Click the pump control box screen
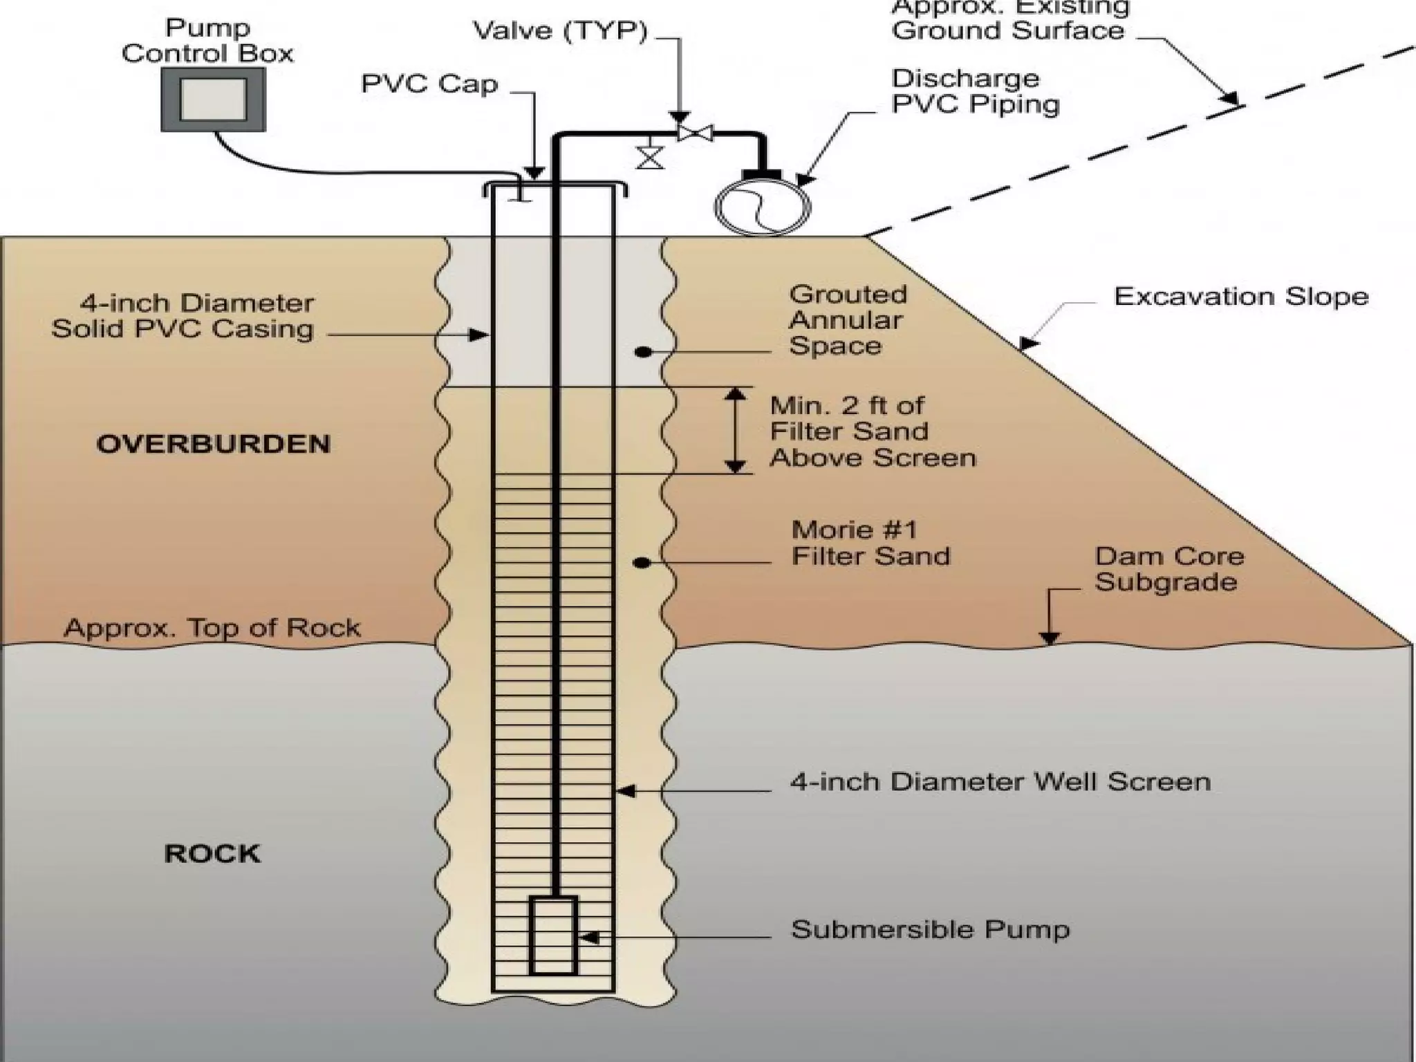pos(213,101)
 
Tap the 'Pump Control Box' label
pos(207,41)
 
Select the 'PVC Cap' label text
pos(429,84)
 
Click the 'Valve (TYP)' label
pos(559,31)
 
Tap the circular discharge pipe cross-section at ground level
pos(762,206)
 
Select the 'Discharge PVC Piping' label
pos(975,91)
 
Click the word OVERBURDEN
pos(213,444)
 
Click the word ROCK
pos(212,854)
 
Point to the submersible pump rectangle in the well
pos(552,935)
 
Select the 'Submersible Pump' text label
pos(930,929)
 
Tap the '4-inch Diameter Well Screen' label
pos(1000,782)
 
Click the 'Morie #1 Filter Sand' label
pos(870,543)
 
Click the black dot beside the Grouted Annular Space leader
pos(643,352)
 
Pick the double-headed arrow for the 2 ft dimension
pos(735,430)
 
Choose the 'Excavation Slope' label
pos(1241,297)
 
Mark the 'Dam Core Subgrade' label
pos(1169,569)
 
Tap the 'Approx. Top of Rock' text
pos(212,628)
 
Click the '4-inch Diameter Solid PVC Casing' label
pos(183,316)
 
